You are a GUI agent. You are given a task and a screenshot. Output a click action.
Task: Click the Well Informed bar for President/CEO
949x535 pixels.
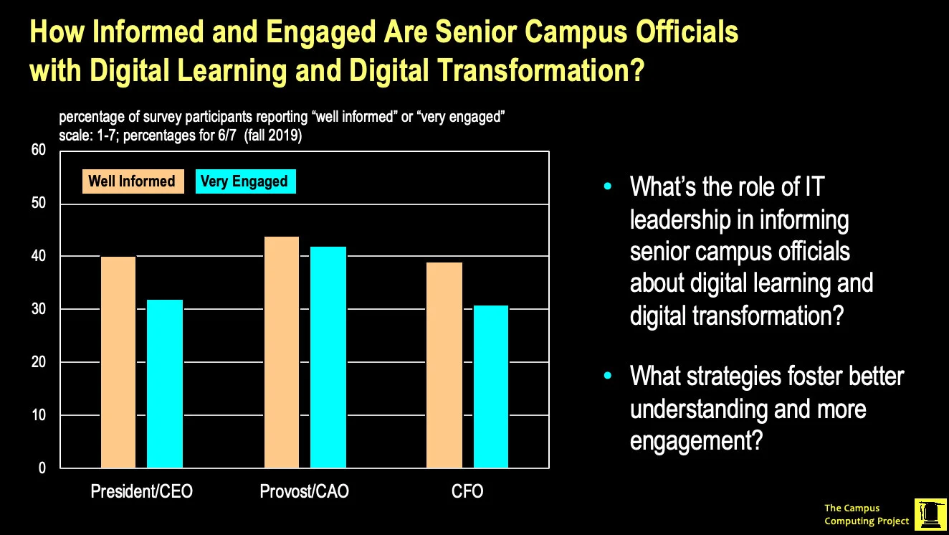point(118,362)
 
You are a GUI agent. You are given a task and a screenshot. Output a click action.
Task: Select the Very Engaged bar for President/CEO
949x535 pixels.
point(165,384)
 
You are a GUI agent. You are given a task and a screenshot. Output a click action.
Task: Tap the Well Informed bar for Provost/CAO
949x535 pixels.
point(282,352)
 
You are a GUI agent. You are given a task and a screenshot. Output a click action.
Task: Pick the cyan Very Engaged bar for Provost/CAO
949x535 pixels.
point(328,357)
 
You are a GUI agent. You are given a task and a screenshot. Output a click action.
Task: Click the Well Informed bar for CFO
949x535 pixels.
point(444,365)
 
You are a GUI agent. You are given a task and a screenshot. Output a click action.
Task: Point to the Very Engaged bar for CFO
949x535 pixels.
point(491,387)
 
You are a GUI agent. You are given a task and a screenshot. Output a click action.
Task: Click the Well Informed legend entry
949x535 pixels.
point(132,181)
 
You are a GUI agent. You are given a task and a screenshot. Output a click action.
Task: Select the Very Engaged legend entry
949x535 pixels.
point(244,181)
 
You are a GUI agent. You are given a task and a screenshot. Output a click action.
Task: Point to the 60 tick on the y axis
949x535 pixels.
point(38,150)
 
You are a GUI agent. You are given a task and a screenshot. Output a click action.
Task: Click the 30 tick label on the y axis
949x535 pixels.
point(38,309)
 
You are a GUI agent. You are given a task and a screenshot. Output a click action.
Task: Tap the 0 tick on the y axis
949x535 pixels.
point(42,468)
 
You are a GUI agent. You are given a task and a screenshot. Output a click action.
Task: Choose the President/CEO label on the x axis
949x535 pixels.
point(141,492)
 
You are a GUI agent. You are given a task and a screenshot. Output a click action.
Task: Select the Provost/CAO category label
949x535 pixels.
point(304,492)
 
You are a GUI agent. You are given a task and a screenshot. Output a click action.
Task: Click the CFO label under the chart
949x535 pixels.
point(467,492)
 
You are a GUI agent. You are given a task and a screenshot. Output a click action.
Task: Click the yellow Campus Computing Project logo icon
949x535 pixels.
point(930,515)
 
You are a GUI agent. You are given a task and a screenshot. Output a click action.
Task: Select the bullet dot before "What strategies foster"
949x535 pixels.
point(609,376)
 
